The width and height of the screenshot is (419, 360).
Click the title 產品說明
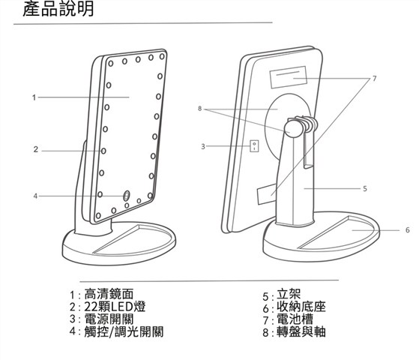tap(58, 9)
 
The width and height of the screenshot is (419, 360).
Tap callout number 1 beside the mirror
tap(34, 97)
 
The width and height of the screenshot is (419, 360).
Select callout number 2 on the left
tap(36, 149)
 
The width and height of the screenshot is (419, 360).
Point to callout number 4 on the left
tap(35, 196)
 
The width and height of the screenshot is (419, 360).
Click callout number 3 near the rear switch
tap(203, 146)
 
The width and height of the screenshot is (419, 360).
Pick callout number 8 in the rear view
tap(199, 109)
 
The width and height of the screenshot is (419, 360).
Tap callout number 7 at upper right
tap(374, 78)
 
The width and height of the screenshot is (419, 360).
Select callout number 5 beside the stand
tap(365, 188)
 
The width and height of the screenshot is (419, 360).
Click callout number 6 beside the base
tap(407, 229)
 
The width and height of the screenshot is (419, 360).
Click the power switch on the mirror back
tap(254, 146)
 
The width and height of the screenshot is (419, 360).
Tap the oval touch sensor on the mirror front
tap(126, 196)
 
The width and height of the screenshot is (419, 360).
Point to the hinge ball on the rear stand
tap(293, 128)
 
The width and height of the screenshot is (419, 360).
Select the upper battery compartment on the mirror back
tap(289, 77)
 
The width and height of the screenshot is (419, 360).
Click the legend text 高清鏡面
tap(109, 294)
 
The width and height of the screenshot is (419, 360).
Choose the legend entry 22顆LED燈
tap(115, 307)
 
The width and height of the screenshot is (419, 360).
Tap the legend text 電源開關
tap(109, 319)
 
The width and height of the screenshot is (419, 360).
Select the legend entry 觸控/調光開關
tap(124, 332)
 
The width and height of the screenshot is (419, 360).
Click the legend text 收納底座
tap(301, 307)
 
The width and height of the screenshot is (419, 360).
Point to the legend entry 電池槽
tap(295, 319)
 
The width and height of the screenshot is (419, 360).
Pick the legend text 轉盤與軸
tap(301, 332)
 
